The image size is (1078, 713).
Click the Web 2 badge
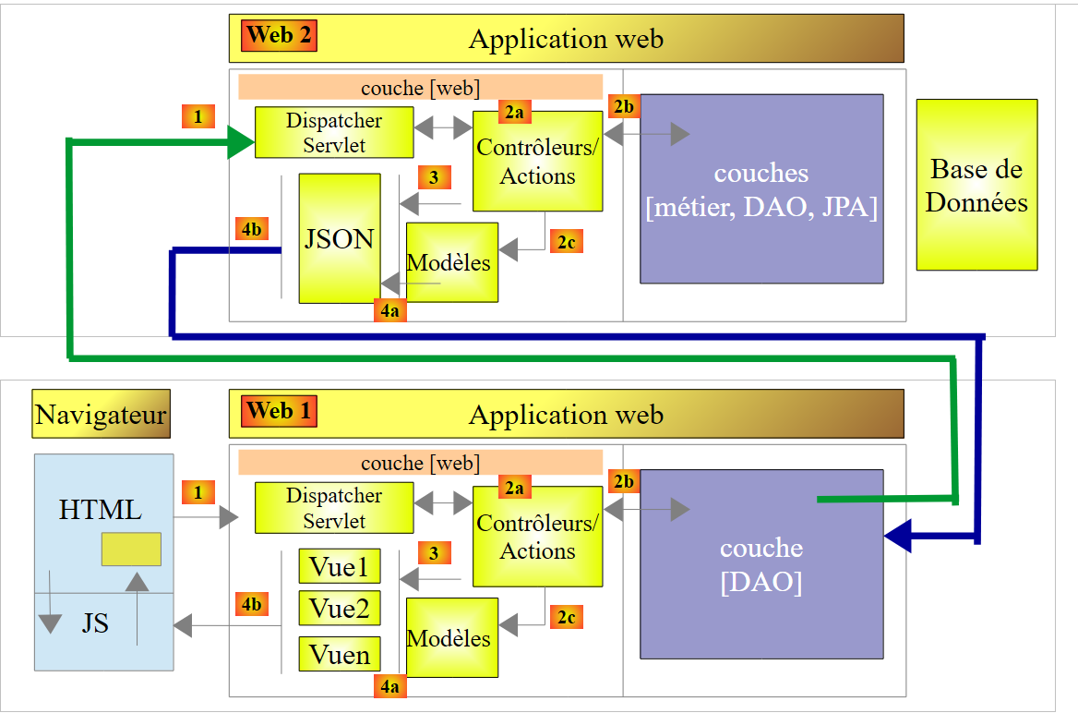click(x=280, y=36)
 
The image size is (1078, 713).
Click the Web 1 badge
click(x=280, y=412)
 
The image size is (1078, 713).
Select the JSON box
click(x=340, y=238)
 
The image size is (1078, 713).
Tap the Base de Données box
click(x=976, y=185)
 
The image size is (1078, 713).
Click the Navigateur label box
click(x=101, y=414)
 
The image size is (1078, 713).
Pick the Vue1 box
click(x=340, y=566)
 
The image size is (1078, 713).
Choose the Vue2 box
click(x=340, y=609)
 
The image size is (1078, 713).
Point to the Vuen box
click(x=340, y=654)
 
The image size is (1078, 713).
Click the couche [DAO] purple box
click(x=761, y=564)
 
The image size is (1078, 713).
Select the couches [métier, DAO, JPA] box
click(x=761, y=188)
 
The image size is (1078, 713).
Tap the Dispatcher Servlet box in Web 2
click(x=333, y=133)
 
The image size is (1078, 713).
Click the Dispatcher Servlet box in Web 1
click(x=333, y=508)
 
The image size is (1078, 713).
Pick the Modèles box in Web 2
click(x=452, y=262)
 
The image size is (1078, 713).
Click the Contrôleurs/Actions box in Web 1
click(x=537, y=537)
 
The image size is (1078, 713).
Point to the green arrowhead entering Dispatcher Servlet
click(x=241, y=142)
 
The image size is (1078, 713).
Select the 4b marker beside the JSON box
click(x=251, y=229)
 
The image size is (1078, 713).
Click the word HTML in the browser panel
click(x=101, y=510)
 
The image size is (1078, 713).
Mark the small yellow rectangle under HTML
click(x=131, y=550)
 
